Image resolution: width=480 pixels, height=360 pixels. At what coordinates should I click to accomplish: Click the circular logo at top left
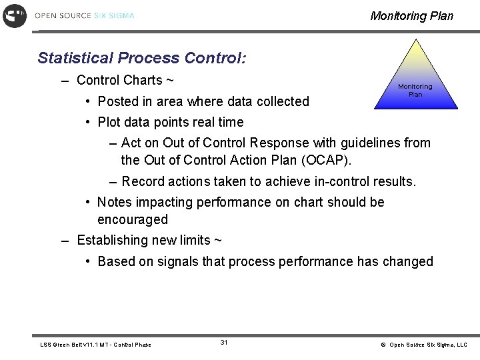coord(15,15)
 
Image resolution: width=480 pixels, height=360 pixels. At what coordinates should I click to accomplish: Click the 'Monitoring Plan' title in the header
coord(411,16)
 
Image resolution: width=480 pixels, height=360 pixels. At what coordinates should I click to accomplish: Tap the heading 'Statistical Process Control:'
coord(142,58)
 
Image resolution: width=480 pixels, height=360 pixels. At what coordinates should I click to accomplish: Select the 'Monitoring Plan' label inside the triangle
coord(415,91)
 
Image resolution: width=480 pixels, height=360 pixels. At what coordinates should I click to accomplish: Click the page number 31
coord(224,342)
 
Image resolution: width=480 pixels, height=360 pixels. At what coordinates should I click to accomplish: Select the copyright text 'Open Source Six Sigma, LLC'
coord(428,345)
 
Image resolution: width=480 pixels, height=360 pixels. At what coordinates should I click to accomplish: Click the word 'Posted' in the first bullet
coord(116,101)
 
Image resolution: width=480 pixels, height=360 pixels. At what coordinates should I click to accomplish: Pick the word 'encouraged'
coord(133,219)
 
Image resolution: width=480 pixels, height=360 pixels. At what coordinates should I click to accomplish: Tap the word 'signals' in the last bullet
coord(177,261)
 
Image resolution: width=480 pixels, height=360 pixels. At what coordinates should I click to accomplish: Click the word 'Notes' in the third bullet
coord(115,202)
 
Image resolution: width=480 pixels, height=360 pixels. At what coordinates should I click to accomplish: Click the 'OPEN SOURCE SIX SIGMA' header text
coord(84,15)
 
